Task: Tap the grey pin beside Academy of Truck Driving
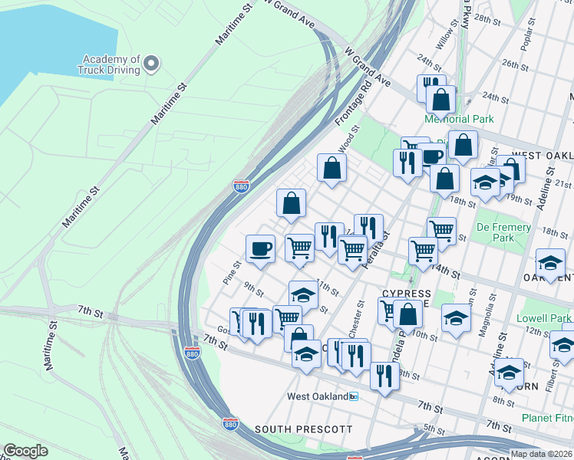point(152,64)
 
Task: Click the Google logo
point(25,451)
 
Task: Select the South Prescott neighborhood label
point(303,429)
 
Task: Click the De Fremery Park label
point(503,233)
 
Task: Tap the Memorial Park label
point(460,119)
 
